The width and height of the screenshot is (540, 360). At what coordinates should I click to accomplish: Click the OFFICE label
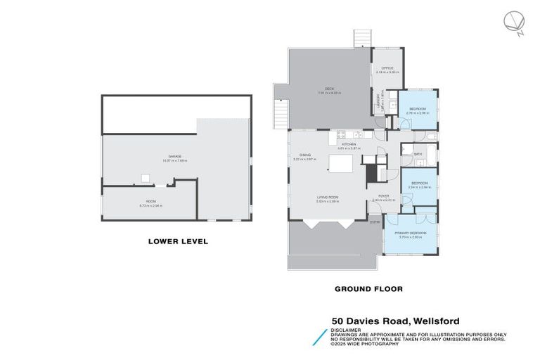point(387,68)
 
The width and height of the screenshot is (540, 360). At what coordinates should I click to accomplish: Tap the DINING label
point(305,155)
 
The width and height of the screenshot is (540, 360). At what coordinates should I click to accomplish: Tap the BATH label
point(418,153)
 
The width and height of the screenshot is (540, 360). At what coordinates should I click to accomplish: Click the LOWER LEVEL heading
point(178,241)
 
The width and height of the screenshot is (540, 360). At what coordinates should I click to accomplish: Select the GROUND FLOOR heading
point(368,288)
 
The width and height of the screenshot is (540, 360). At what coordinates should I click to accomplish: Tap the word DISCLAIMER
point(347,329)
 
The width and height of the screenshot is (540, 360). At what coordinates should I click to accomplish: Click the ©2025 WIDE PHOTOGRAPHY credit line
point(365,344)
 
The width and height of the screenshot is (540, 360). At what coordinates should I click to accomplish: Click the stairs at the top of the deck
point(362,37)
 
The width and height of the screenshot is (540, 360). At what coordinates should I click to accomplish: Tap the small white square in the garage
point(144,178)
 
